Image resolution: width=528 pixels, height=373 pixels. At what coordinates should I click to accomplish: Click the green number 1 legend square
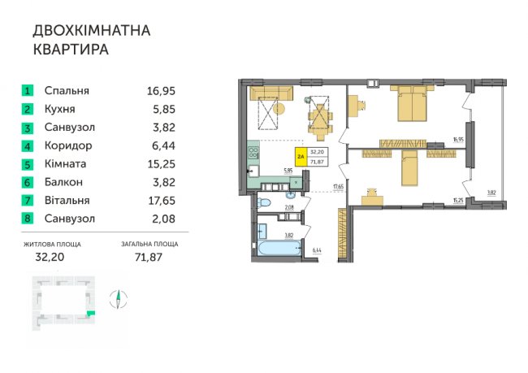pyautogui.click(x=28, y=91)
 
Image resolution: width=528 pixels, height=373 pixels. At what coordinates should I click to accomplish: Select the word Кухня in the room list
pyautogui.click(x=60, y=109)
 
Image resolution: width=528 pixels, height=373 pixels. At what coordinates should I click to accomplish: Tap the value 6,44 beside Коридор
pyautogui.click(x=163, y=146)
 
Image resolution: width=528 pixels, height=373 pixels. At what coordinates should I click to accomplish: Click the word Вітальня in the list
pyautogui.click(x=67, y=201)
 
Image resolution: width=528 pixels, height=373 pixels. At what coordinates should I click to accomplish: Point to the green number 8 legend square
pyautogui.click(x=28, y=219)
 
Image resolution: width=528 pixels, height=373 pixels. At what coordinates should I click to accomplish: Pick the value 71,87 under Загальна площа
pyautogui.click(x=149, y=257)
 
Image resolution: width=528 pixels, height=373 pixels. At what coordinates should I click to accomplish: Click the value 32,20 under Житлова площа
pyautogui.click(x=50, y=257)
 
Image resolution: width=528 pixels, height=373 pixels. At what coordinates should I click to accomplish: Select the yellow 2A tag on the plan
pyautogui.click(x=301, y=157)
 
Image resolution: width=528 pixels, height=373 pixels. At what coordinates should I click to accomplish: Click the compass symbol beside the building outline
pyautogui.click(x=119, y=299)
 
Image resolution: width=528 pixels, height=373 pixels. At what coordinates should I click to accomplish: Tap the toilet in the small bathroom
pyautogui.click(x=264, y=203)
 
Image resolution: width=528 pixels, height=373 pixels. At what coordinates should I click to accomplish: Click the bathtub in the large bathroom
pyautogui.click(x=279, y=249)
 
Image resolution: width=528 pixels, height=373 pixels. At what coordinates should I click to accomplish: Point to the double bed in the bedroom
pyautogui.click(x=412, y=103)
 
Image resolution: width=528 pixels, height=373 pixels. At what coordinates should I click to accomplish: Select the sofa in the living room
pyautogui.click(x=271, y=93)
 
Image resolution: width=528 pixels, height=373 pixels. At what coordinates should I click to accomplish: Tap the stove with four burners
pyautogui.click(x=253, y=152)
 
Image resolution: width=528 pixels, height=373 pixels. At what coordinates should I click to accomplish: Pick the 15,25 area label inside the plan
pyautogui.click(x=458, y=201)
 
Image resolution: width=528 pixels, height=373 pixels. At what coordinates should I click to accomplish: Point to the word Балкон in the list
pyautogui.click(x=63, y=182)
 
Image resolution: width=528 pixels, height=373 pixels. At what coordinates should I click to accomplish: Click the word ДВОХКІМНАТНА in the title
pyautogui.click(x=92, y=31)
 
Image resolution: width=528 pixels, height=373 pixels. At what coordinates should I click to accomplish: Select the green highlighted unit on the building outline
pyautogui.click(x=91, y=314)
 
